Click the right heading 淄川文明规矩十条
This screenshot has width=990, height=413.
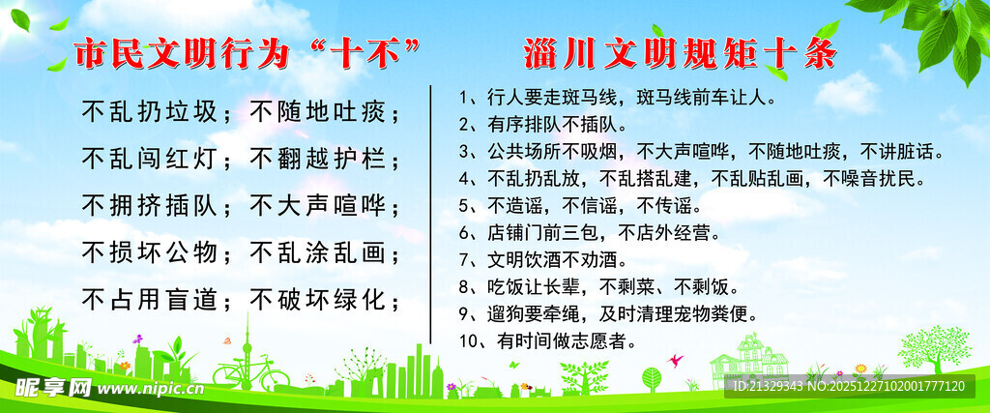click(x=680, y=54)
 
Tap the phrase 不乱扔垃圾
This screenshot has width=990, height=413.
click(x=150, y=112)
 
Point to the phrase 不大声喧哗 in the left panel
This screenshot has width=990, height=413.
click(x=318, y=206)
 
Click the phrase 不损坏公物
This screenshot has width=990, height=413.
click(x=150, y=253)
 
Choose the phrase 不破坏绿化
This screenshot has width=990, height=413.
click(x=318, y=300)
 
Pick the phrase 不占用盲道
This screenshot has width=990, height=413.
click(x=150, y=300)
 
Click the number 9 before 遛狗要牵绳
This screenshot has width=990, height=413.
click(x=464, y=313)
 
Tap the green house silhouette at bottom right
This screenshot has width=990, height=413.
click(x=749, y=360)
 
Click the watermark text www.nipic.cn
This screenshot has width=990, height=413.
click(x=150, y=390)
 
